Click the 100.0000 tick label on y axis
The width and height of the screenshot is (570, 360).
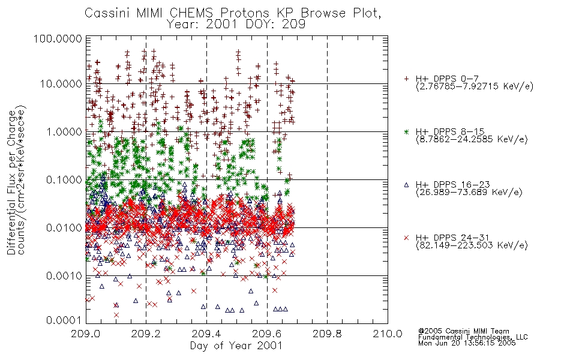tap(58, 38)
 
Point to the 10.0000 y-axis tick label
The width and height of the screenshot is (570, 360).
tap(61, 84)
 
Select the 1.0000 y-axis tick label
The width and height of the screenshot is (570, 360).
tap(64, 131)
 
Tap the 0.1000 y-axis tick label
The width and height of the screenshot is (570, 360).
tap(64, 179)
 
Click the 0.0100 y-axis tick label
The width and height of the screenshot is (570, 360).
tap(64, 228)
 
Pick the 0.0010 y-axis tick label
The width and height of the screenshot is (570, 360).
tap(64, 276)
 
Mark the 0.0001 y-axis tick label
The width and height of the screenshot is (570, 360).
tap(64, 320)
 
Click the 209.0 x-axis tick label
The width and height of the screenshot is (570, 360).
tap(86, 334)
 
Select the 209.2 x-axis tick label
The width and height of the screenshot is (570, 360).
tap(146, 334)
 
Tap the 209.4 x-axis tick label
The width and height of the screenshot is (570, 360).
tap(206, 334)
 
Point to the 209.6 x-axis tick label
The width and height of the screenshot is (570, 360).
tap(267, 334)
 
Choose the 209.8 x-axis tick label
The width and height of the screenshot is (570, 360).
tap(327, 334)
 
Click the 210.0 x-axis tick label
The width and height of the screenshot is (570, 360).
tap(388, 334)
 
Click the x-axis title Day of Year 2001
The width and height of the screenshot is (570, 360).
tap(236, 346)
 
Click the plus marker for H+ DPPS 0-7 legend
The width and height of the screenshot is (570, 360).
tap(406, 79)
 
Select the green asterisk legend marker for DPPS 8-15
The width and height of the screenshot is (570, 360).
tap(406, 131)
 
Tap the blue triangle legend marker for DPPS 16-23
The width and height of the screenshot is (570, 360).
tap(406, 185)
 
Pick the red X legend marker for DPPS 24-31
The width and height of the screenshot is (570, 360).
tap(406, 238)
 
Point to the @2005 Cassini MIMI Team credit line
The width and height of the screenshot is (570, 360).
tap(463, 331)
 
